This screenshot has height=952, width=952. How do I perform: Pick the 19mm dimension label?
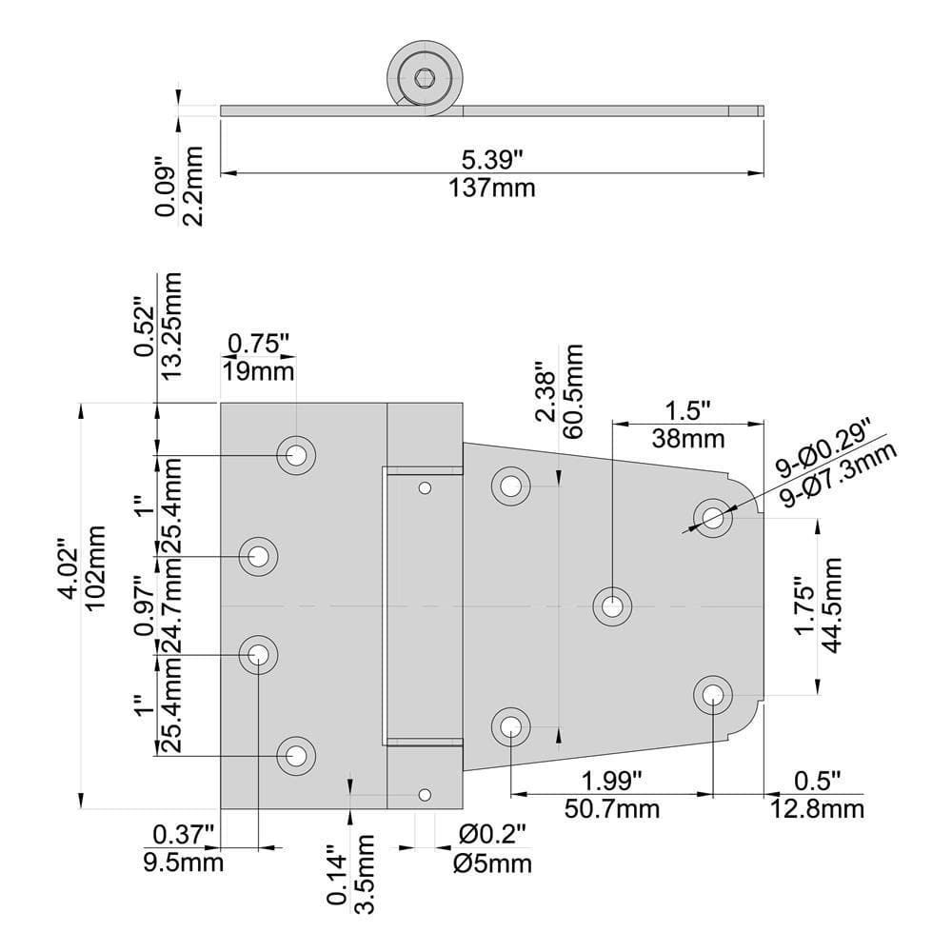[259, 370]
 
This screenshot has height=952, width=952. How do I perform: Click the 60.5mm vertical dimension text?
[573, 390]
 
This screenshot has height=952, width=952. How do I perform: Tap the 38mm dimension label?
[688, 439]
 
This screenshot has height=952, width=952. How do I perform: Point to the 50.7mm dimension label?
[610, 809]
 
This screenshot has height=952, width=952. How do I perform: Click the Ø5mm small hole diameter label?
[492, 863]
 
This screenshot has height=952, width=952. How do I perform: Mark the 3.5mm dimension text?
[364, 873]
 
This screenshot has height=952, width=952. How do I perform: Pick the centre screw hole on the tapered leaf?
[612, 605]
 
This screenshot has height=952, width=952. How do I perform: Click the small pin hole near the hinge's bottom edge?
[425, 794]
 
